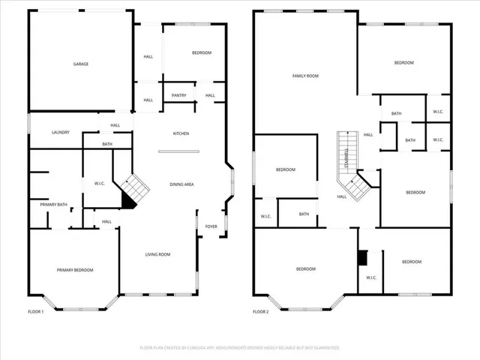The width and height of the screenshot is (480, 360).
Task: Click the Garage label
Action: coord(81,64)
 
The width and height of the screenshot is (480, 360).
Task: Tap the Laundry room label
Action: coord(61,133)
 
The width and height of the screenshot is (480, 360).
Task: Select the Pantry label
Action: coord(179,95)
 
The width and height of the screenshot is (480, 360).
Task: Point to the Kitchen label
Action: coord(181,133)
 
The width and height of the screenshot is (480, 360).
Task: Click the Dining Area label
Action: coord(182,184)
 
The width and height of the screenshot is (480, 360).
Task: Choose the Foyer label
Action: coord(211,226)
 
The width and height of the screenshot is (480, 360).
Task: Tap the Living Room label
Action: coord(157,255)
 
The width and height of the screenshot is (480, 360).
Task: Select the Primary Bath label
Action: coord(48,204)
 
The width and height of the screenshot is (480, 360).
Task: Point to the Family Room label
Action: coord(305,76)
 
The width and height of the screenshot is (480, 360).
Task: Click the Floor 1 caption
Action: coord(36,311)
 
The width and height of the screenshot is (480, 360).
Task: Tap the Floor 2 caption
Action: coord(260,311)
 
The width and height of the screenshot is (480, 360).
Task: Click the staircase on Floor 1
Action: coord(135,184)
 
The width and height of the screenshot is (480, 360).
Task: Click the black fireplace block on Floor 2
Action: coord(363,257)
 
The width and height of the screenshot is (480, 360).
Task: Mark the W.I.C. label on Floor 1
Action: coord(99,184)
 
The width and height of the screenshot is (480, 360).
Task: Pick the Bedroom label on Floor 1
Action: coord(201,52)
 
